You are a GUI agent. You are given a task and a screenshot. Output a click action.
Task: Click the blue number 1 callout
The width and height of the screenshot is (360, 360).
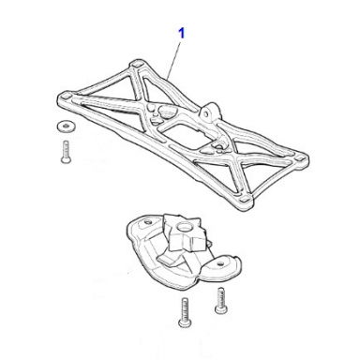click(182, 34)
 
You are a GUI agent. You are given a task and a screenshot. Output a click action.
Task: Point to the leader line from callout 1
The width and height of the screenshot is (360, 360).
click(174, 59)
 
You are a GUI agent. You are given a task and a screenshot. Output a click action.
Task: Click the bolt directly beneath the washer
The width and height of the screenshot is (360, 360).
click(66, 152)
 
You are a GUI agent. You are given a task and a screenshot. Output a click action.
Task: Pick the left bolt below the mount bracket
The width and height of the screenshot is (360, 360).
click(183, 313)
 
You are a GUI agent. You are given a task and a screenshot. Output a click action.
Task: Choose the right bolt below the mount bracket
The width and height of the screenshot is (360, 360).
click(220, 300)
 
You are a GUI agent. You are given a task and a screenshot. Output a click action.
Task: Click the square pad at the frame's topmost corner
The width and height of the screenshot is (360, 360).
click(136, 64)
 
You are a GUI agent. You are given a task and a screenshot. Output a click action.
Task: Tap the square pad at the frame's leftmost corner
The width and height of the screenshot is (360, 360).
click(66, 97)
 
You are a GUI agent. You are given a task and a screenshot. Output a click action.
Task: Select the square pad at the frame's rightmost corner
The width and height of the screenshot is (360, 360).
click(300, 158)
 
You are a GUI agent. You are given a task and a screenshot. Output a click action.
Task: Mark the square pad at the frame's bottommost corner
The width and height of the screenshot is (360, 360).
click(245, 199)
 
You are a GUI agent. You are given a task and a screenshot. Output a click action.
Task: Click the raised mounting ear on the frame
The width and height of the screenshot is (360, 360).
click(208, 112)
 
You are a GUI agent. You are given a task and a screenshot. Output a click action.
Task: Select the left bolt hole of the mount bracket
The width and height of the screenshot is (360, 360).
click(148, 222)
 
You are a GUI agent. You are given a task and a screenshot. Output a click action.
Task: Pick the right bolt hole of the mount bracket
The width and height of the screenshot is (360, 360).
click(221, 263)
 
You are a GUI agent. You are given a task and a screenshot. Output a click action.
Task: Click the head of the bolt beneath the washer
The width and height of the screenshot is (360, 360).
click(66, 159)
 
